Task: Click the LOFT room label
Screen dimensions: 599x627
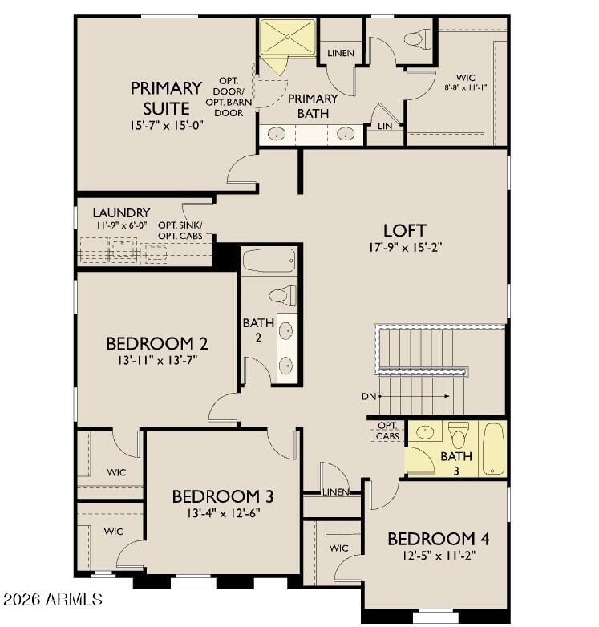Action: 405,231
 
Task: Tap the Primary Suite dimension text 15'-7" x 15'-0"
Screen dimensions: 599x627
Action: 167,126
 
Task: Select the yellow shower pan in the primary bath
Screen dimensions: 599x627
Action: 288,37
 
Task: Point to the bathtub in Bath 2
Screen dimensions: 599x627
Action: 269,261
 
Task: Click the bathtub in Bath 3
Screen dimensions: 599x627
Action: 493,449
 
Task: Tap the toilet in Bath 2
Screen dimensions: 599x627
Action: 283,296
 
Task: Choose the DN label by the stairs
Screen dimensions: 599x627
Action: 369,397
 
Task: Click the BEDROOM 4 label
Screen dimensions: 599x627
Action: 439,539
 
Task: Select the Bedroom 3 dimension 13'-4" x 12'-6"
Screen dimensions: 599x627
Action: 224,513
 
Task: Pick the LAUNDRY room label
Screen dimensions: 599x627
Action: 121,212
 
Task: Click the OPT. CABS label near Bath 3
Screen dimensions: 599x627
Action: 387,431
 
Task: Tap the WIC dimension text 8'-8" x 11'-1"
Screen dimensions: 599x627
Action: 465,87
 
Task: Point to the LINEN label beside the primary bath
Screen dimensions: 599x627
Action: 341,53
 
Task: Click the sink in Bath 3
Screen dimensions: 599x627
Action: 425,432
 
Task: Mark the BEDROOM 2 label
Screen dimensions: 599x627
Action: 156,344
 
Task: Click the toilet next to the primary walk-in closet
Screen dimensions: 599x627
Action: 418,39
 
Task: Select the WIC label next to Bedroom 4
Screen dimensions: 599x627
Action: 338,548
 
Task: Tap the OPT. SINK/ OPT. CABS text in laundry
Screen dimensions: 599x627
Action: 180,230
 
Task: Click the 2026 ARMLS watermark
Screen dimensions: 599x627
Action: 52,599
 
